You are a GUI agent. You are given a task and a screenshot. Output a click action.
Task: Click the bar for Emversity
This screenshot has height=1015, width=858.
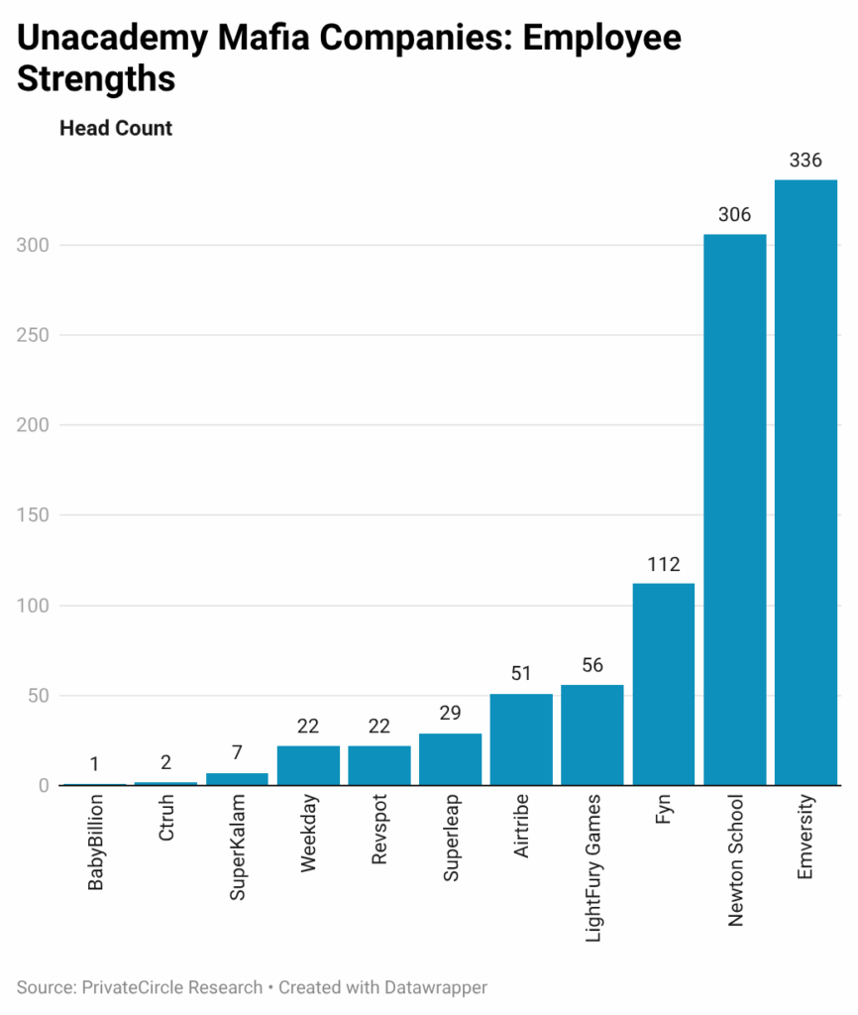coord(805,482)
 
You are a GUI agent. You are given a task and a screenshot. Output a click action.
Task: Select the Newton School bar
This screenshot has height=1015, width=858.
coord(734,509)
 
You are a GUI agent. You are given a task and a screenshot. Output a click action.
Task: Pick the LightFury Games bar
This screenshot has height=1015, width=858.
coord(592,734)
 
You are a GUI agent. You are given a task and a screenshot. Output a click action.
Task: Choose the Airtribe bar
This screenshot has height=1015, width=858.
coord(521,739)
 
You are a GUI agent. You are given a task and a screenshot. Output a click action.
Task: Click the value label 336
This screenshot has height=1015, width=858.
coord(805,160)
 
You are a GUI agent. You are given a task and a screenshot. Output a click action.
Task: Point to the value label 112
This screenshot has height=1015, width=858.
coord(664,564)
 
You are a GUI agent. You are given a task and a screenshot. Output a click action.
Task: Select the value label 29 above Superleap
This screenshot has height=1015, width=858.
coord(451,714)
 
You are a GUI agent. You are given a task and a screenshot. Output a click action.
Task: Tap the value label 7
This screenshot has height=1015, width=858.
coord(238,752)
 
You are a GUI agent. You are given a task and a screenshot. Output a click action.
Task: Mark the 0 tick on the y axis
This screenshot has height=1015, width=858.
coord(44,786)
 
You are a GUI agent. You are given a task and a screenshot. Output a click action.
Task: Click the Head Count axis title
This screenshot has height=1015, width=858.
coord(116,129)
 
